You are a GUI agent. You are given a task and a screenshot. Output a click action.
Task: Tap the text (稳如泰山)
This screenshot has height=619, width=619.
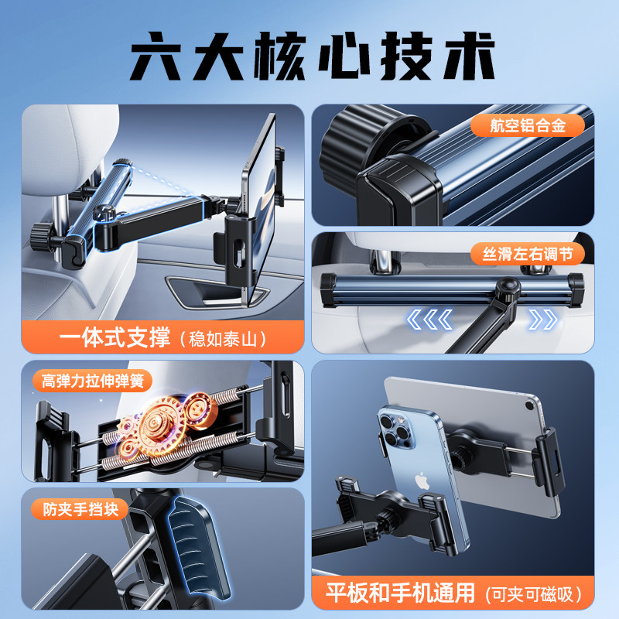pos(223,339)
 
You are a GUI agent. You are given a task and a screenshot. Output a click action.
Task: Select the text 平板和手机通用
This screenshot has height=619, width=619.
pos(397,593)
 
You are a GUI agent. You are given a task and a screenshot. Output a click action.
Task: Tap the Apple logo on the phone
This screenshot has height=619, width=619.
pos(422,479)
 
